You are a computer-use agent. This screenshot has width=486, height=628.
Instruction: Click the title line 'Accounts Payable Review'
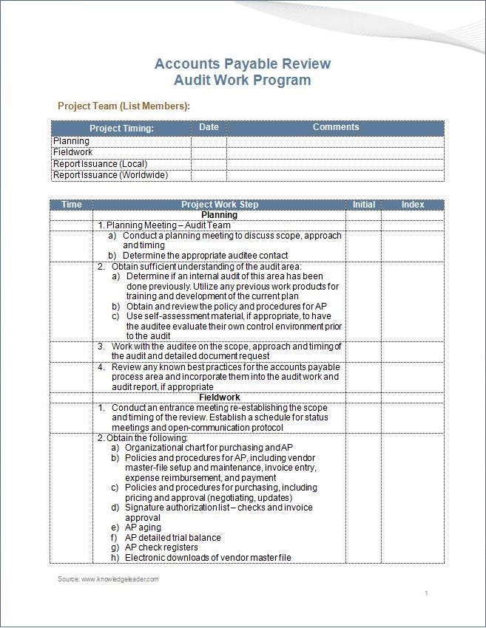pos(243,64)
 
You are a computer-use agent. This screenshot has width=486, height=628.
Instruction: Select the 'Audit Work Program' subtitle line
pos(243,81)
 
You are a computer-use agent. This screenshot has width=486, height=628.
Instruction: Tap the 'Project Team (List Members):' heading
pos(124,106)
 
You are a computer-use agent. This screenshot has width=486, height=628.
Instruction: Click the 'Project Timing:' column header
pos(121,129)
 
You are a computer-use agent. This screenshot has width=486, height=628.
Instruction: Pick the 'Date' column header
pos(209,127)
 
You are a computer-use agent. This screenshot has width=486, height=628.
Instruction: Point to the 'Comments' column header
pos(335,127)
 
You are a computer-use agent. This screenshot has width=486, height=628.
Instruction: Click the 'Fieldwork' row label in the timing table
pos(72,152)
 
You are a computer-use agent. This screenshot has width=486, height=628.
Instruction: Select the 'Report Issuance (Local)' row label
pos(100,164)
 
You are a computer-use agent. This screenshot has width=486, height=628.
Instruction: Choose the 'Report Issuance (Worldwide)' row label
pos(110,175)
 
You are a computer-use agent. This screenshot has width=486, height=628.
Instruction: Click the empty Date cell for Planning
pos(209,141)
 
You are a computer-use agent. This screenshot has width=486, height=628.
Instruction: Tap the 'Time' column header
pos(72,205)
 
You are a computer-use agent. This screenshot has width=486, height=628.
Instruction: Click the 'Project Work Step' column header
pos(220,205)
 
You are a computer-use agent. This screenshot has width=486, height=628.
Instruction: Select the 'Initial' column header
pos(363,205)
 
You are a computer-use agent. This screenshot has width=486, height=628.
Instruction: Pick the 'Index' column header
pos(413,205)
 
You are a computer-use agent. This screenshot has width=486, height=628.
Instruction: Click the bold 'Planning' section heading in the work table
pos(219,215)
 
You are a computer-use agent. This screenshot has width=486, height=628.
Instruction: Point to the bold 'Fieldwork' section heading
pos(219,397)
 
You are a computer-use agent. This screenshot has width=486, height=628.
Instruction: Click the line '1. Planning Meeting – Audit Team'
pos(164,225)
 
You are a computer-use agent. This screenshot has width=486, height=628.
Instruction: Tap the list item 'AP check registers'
pos(161,547)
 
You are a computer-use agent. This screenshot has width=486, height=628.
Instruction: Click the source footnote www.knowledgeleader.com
pos(109,579)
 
